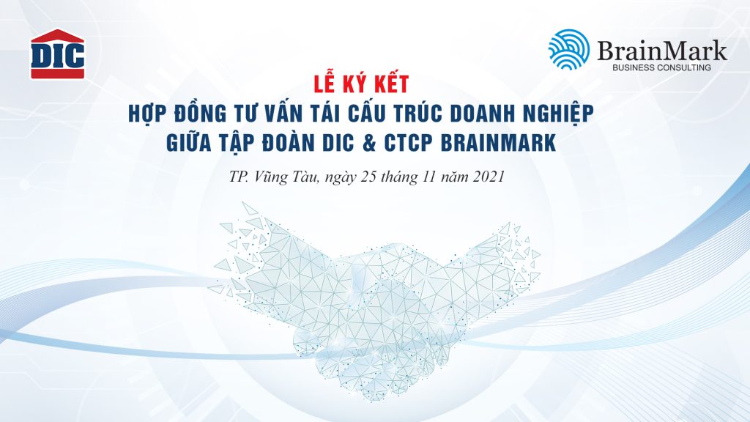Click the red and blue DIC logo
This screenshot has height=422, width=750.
click(57, 54)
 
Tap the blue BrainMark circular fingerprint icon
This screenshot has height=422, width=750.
click(568, 50)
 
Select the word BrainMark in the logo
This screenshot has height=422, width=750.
click(662, 51)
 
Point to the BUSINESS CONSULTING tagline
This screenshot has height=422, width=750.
click(661, 67)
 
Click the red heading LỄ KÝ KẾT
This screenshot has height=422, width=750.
click(361, 83)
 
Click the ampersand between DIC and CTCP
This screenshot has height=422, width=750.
click(369, 143)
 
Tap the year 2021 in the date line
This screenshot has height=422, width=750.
click(489, 177)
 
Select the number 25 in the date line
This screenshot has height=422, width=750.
click(369, 177)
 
